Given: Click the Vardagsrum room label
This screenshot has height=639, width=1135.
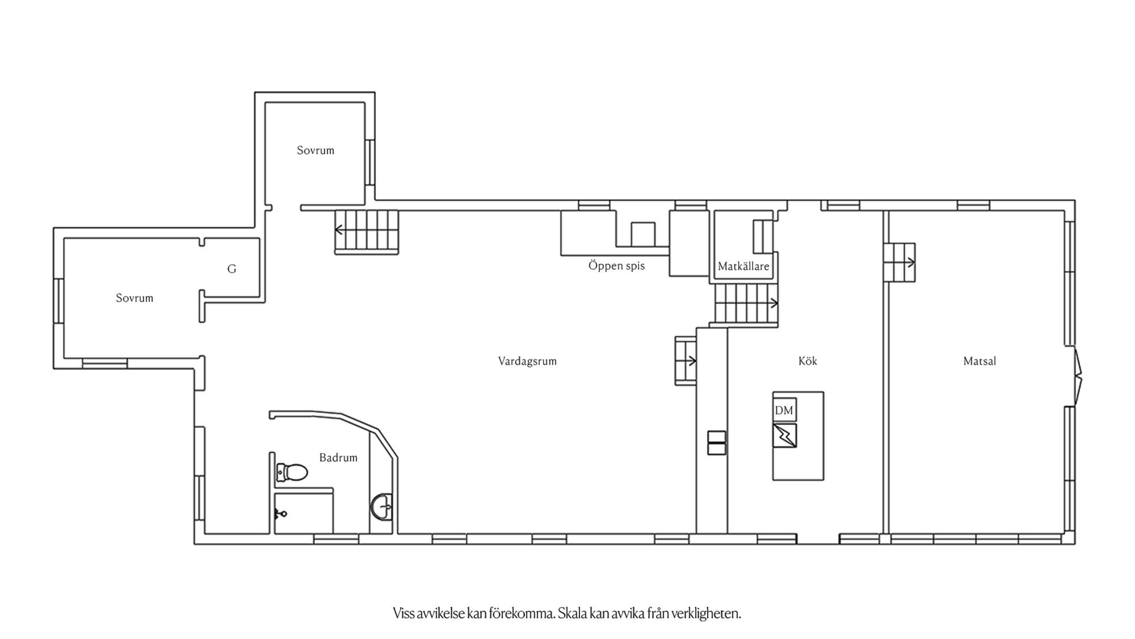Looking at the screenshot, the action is pyautogui.click(x=527, y=361).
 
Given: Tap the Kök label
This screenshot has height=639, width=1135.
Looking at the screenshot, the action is pyautogui.click(x=808, y=361).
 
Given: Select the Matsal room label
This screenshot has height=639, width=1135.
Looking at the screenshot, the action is pyautogui.click(x=980, y=361).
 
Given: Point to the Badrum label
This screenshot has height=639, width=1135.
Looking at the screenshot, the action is pyautogui.click(x=338, y=457).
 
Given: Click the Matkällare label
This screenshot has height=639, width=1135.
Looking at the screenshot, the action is pyautogui.click(x=744, y=266).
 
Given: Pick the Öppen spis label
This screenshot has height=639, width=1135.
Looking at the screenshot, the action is pyautogui.click(x=617, y=266).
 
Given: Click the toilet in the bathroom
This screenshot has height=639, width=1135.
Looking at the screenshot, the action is pyautogui.click(x=292, y=472).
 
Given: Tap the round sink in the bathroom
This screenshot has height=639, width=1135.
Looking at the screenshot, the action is pyautogui.click(x=382, y=507).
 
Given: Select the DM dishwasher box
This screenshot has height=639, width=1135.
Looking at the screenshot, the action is pyautogui.click(x=784, y=410).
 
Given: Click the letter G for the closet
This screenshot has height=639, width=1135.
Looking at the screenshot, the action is pyautogui.click(x=232, y=269).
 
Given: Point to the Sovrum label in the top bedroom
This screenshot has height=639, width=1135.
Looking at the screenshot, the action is pyautogui.click(x=316, y=150).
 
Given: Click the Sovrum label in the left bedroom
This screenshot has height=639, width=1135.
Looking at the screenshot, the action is pyautogui.click(x=135, y=298).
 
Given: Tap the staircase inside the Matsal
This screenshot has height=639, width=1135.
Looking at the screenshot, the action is pyautogui.click(x=900, y=262).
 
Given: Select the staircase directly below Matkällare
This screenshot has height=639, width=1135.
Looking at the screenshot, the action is pyautogui.click(x=746, y=304).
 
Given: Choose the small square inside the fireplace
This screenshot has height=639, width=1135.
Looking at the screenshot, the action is pyautogui.click(x=643, y=234).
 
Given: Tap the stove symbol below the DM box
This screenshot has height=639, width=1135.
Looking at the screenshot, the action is pyautogui.click(x=784, y=435).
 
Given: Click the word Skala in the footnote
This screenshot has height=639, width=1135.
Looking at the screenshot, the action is pyautogui.click(x=573, y=614).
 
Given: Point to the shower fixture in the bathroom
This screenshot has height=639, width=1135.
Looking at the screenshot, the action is pyautogui.click(x=280, y=514).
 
